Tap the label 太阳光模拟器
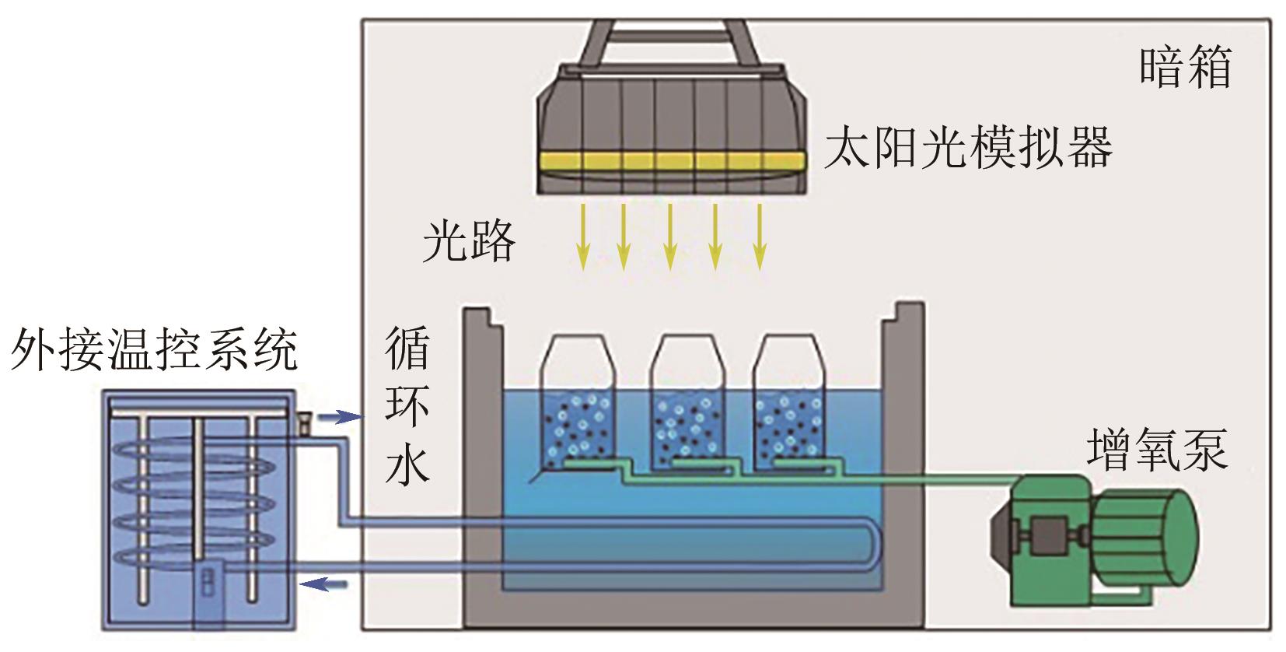point(967,148)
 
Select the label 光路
point(469,239)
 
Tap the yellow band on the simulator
point(671,162)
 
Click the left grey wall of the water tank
point(483,467)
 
